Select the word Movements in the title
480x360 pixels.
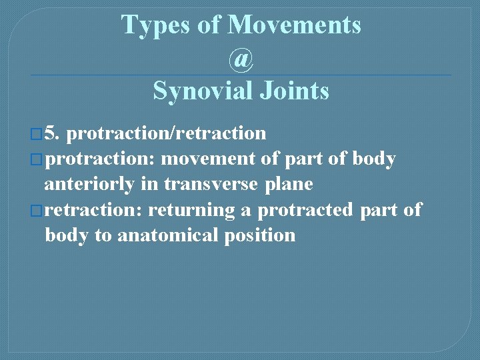[x=294, y=25]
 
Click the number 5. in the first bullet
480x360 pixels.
[x=53, y=133]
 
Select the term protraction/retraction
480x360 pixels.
[x=167, y=133]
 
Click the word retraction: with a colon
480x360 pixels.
[x=94, y=210]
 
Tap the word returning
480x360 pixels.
[x=191, y=210]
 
